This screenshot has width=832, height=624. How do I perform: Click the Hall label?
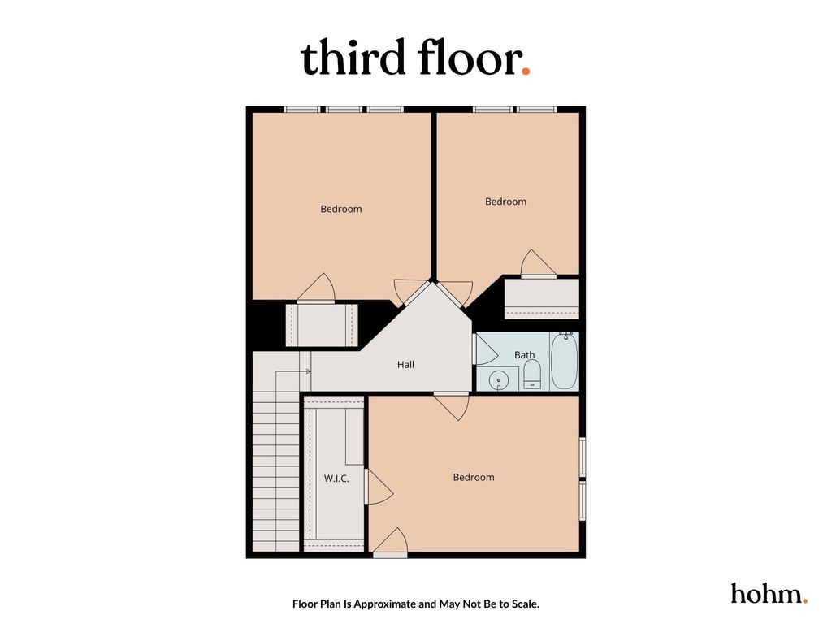[405, 365]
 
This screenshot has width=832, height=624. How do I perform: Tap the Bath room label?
[524, 354]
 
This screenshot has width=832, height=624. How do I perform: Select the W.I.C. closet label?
[336, 478]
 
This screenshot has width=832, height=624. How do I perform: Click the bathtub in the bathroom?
[564, 361]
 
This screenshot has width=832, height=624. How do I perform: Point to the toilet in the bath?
[532, 375]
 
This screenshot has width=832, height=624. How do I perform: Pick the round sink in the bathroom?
[499, 380]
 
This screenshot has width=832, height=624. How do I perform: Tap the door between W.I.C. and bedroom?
[379, 487]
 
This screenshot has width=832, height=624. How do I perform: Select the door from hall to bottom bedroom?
[452, 406]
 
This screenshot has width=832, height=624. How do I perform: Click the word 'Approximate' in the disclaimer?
[385, 604]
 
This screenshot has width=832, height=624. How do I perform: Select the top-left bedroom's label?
[340, 209]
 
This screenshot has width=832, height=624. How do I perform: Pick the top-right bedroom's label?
[505, 201]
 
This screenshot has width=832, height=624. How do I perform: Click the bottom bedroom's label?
[474, 478]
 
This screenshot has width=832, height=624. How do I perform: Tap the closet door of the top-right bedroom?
[537, 264]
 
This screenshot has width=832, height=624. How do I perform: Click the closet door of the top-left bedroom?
[316, 288]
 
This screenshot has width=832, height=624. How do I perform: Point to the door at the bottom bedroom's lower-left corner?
[390, 542]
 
